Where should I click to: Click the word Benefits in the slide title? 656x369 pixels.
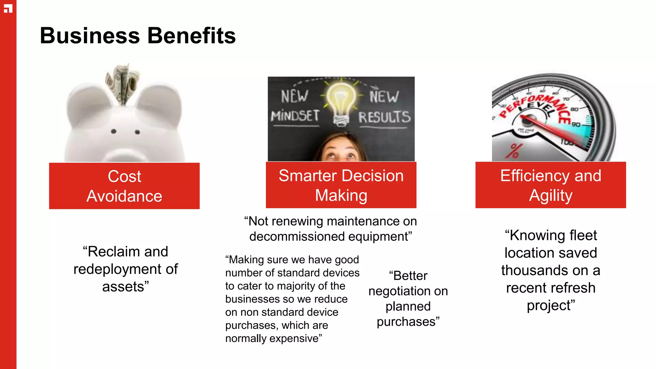click(191, 36)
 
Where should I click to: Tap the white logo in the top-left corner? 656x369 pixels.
click(8, 9)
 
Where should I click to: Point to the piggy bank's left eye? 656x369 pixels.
click(113, 131)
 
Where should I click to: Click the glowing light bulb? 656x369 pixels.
click(341, 99)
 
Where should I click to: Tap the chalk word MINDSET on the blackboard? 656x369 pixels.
click(295, 116)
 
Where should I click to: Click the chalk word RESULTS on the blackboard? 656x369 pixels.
click(384, 117)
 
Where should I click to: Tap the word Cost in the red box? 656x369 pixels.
click(124, 176)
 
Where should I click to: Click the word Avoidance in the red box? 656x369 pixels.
click(124, 196)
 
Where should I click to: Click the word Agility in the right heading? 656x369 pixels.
click(551, 196)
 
